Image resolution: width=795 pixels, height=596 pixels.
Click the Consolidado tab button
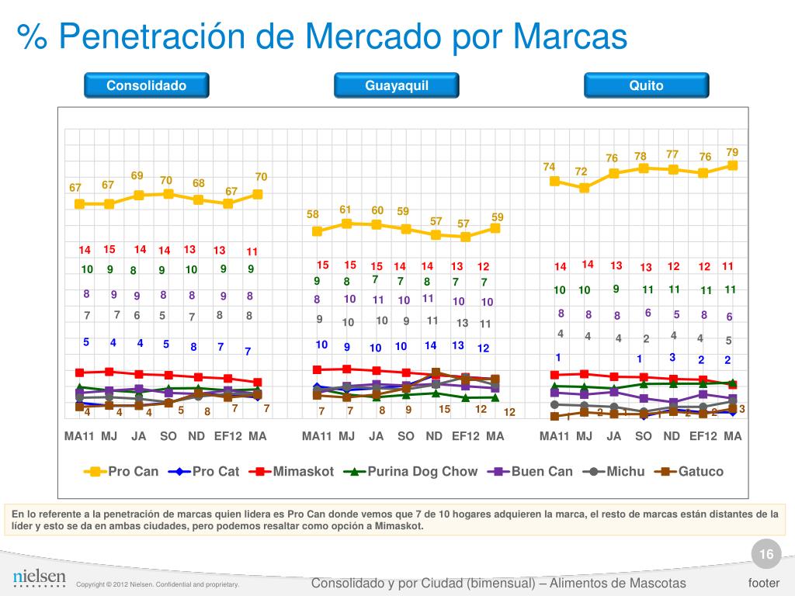[147, 85]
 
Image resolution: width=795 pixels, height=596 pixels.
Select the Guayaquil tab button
[397, 85]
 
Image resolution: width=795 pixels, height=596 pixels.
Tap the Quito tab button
[646, 85]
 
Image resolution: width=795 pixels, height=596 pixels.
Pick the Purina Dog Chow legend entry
[411, 471]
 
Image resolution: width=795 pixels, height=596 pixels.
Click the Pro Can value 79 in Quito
[732, 151]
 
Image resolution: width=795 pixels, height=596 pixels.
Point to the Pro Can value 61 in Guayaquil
[345, 210]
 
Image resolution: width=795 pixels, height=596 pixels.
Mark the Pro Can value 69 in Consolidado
[137, 175]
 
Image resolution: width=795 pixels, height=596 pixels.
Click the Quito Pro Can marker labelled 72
[585, 188]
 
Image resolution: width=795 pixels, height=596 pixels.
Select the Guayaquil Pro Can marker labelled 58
[317, 231]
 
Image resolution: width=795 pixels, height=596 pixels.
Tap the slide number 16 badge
[766, 554]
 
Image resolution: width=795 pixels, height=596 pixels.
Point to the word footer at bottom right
[763, 583]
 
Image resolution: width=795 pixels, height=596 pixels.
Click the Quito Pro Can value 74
[549, 167]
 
